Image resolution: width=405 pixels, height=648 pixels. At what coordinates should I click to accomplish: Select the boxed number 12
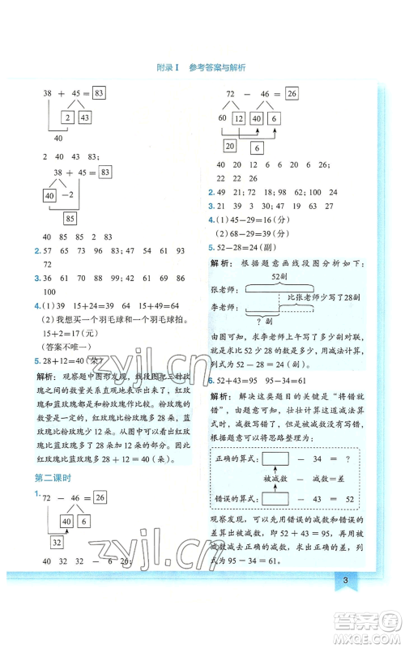(x=238, y=119)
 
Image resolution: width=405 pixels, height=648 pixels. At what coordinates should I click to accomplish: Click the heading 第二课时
(x=49, y=479)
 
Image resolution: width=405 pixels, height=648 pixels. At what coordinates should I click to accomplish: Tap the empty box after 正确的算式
(x=278, y=459)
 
